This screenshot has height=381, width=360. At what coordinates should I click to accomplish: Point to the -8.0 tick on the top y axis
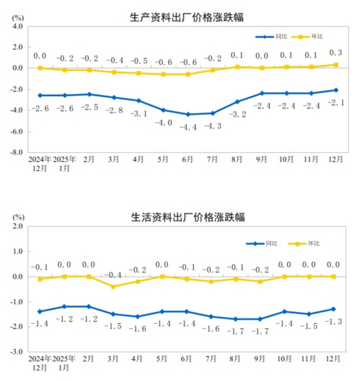(15, 152)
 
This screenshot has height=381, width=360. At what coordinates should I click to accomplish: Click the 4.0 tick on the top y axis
(16, 27)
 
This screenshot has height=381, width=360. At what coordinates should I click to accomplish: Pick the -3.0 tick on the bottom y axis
(15, 352)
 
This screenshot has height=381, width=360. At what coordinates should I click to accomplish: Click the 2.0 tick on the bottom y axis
(16, 226)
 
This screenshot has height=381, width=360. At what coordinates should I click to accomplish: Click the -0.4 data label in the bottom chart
(114, 275)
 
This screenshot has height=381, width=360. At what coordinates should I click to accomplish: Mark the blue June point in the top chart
(188, 114)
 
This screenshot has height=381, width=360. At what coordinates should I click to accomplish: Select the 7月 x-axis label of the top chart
(213, 160)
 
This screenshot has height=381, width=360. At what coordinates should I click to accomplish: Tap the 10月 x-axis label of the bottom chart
(287, 359)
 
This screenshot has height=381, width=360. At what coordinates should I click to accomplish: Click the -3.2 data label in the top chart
(237, 114)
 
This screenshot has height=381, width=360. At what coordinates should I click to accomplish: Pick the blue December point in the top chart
(336, 90)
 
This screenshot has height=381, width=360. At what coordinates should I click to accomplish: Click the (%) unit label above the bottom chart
(18, 217)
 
